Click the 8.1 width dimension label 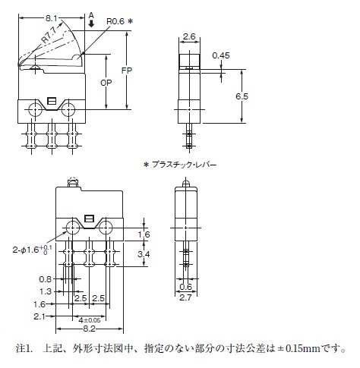51,18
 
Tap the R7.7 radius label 50,36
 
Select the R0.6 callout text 115,21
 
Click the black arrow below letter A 91,24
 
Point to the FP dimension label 127,71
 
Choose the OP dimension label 106,83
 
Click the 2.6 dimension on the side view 189,37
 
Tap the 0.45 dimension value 221,55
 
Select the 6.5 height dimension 242,96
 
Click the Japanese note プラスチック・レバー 184,165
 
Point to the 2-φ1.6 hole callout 32,250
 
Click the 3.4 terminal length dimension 144,254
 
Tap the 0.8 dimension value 46,279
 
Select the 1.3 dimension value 46,291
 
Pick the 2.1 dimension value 39,316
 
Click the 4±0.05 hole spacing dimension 90,320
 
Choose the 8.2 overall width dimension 89,329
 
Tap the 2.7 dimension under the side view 185,297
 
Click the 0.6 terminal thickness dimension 185,287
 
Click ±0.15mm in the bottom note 299,349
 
